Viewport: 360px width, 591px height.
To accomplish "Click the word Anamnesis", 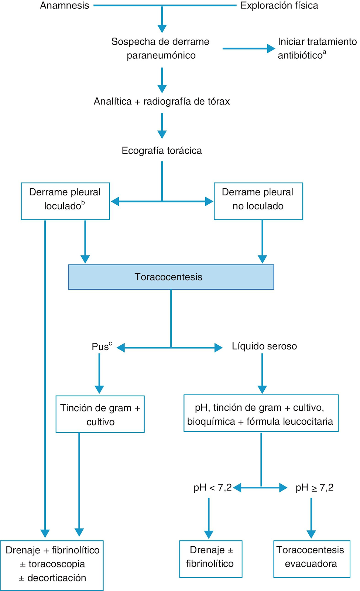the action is (64, 6).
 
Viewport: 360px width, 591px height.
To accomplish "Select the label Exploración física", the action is (279, 6).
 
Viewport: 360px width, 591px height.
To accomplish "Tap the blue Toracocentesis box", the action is (171, 277).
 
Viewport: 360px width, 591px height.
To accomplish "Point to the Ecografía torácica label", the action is (162, 151).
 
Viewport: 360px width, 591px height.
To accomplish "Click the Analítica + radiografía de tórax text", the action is (162, 101).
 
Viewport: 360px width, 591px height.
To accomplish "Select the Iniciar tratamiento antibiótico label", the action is (317, 48).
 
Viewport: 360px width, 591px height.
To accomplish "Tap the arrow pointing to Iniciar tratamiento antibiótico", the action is (249, 48).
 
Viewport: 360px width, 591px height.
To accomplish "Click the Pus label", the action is (102, 346).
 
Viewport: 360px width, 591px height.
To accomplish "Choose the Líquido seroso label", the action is (264, 346).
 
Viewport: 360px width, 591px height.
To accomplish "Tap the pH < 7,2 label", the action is (213, 488).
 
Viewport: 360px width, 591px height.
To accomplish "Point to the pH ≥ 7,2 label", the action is (314, 488).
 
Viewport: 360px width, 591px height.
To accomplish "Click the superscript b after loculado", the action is (83, 203).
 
